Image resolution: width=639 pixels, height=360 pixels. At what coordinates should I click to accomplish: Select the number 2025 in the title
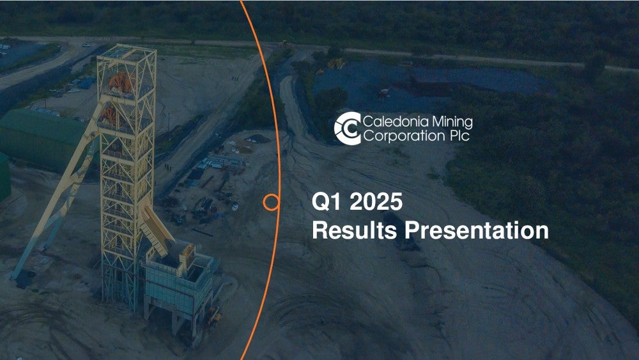[x=376, y=201]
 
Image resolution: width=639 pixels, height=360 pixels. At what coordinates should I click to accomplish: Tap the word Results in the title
[x=355, y=230]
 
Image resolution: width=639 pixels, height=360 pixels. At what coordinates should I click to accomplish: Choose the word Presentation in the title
[x=477, y=231]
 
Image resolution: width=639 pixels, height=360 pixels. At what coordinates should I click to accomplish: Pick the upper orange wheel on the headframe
[x=121, y=82]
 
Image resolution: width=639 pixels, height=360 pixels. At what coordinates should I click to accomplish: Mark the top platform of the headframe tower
[x=127, y=54]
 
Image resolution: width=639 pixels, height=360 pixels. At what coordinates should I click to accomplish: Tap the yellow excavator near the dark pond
[x=336, y=63]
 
